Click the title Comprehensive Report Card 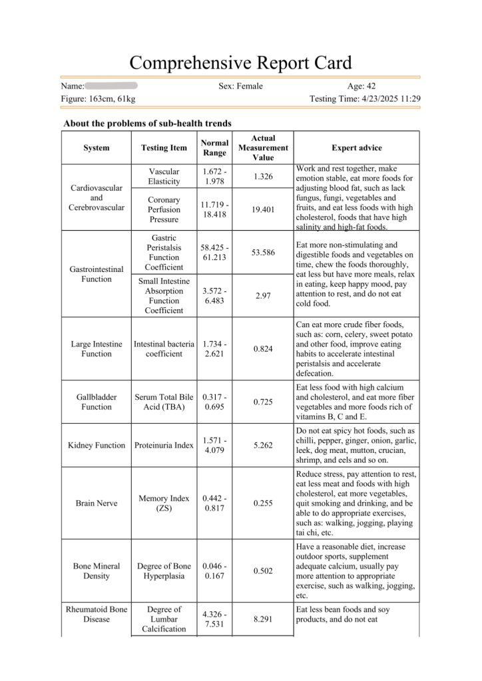(240, 63)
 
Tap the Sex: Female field (240, 86)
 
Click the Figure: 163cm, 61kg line (98, 99)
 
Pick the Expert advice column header (356, 148)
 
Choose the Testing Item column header (164, 148)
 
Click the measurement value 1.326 (263, 177)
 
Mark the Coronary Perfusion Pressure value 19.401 (263, 209)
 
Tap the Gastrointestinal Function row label (97, 274)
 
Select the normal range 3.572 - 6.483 (215, 296)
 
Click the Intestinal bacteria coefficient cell (164, 349)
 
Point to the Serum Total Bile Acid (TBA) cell (164, 402)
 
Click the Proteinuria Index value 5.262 (263, 445)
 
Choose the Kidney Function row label (97, 445)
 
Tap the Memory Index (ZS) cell (164, 503)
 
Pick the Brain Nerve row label (97, 503)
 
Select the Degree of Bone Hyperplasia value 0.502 (263, 571)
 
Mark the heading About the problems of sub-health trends (147, 123)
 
